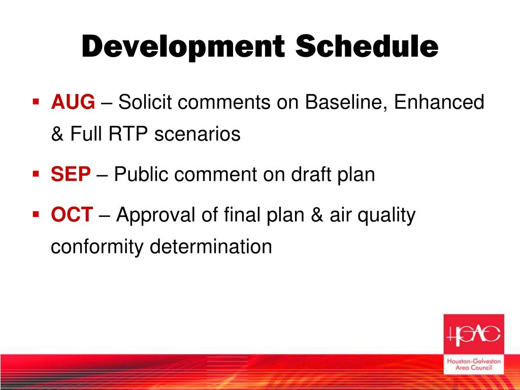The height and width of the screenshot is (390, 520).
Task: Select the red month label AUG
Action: [x=73, y=102]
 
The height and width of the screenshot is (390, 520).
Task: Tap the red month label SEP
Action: [x=71, y=174]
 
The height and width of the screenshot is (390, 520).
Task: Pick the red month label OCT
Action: [x=72, y=214]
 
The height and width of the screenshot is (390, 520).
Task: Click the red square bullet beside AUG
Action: [x=36, y=101]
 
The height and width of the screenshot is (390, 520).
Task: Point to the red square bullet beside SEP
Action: [x=36, y=174]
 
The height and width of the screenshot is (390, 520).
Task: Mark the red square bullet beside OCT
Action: [x=36, y=214]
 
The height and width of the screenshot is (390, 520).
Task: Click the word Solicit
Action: [x=145, y=102]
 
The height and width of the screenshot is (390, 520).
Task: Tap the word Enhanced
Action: [x=439, y=102]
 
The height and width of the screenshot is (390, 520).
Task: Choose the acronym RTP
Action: [x=128, y=134]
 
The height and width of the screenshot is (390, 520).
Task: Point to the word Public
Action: [x=141, y=174]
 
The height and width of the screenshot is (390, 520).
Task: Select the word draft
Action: [x=311, y=174]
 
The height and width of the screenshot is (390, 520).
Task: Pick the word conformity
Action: [x=96, y=247]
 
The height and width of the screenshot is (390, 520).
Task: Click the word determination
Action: [x=211, y=246]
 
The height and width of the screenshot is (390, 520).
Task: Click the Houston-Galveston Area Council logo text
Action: [x=474, y=364]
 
